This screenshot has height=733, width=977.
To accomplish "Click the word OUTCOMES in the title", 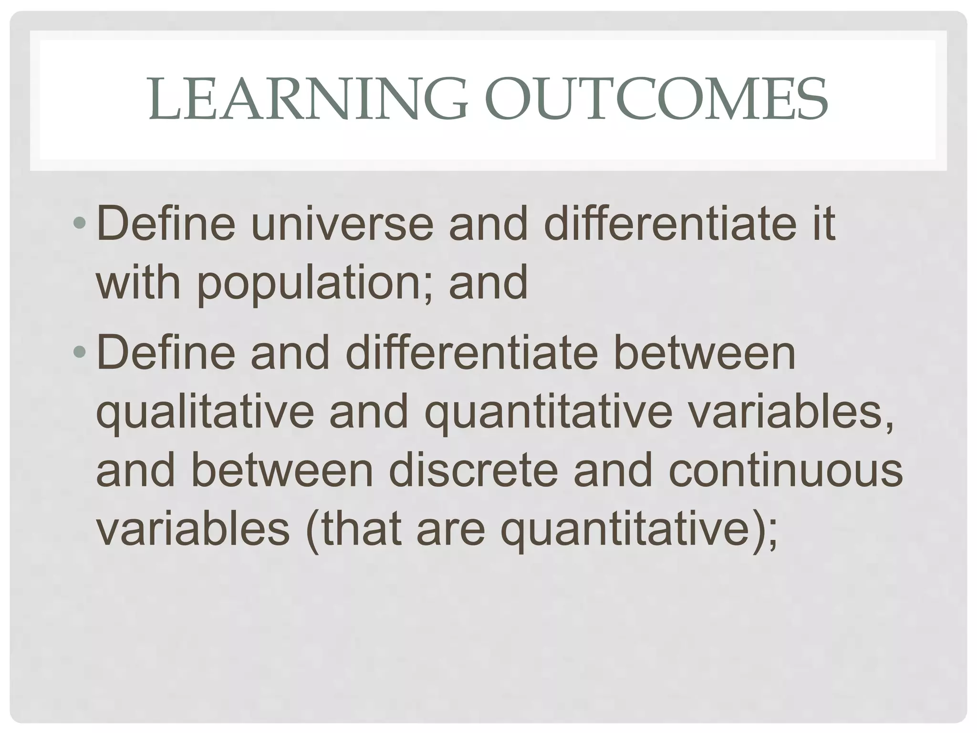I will (x=656, y=100).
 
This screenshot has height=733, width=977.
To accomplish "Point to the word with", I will (x=139, y=283).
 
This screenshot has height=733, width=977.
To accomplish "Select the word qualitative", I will (x=205, y=413).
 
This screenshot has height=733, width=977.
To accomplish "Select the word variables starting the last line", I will (x=193, y=529).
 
